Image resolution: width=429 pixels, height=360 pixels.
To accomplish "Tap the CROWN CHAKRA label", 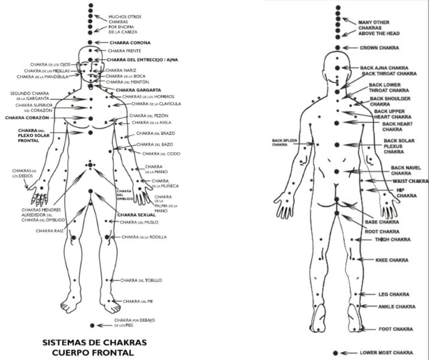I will (x=378, y=48).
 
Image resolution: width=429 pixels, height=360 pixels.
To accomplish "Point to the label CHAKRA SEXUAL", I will (x=136, y=214).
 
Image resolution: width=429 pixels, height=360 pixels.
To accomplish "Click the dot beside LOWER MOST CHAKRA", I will (x=336, y=353).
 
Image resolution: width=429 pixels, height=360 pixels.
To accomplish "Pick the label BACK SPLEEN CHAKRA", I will (x=284, y=143).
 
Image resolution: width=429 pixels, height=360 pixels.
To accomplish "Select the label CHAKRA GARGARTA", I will (x=139, y=89).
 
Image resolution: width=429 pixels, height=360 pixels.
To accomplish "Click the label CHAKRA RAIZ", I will (x=51, y=230).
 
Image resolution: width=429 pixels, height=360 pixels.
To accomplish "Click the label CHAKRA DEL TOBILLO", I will (x=141, y=280).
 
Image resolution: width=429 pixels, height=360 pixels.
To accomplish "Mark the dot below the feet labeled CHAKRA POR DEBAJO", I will (x=92, y=325).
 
